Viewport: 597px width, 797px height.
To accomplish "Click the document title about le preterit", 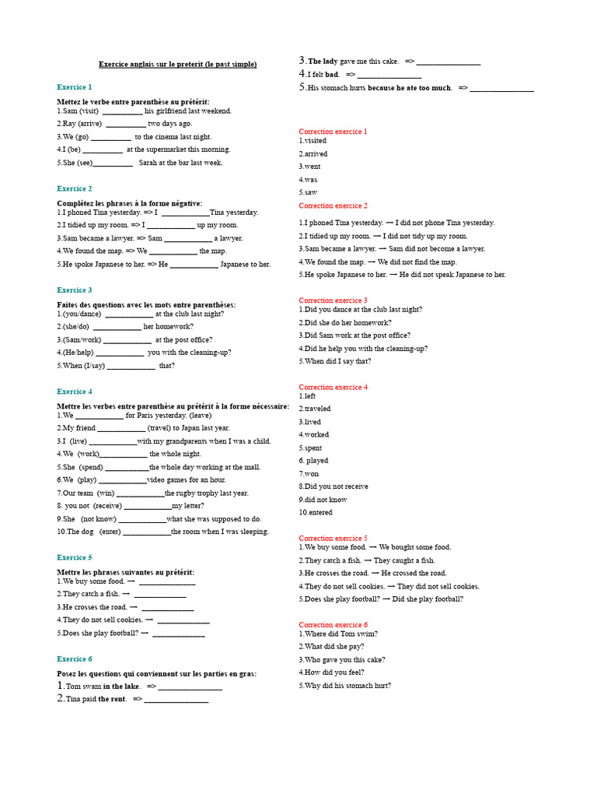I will point(177,64).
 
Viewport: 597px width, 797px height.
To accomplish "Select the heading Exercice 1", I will point(75,87).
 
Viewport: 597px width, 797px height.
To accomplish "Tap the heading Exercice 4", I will point(75,391).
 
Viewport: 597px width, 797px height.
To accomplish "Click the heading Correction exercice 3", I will point(333,300).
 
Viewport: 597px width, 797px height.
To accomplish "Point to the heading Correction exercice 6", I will point(333,624).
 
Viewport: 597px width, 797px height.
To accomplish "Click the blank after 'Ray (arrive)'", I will point(125,124).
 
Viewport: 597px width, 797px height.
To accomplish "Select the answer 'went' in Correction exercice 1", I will point(312,167).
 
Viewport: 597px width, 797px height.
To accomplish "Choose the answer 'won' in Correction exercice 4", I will point(311,473).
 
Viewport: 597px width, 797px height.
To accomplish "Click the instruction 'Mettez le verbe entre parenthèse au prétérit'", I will point(133,102).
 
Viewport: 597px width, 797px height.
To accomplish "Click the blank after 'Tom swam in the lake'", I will point(191,687).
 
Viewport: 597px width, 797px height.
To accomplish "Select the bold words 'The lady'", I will point(323,61).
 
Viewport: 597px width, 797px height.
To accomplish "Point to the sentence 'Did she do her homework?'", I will point(345,322).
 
